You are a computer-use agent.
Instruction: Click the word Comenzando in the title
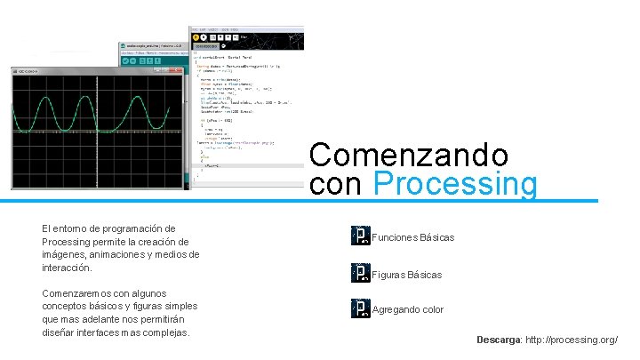coord(408,156)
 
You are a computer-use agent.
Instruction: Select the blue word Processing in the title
coord(456,184)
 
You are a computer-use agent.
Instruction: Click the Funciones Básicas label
coord(413,237)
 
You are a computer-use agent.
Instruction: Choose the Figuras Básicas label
coord(407,275)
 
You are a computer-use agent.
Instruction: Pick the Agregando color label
coord(408,310)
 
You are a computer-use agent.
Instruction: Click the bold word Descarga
coord(499,340)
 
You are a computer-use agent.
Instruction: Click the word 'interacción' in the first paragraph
coord(67,268)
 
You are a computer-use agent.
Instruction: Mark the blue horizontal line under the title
coord(453,200)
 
